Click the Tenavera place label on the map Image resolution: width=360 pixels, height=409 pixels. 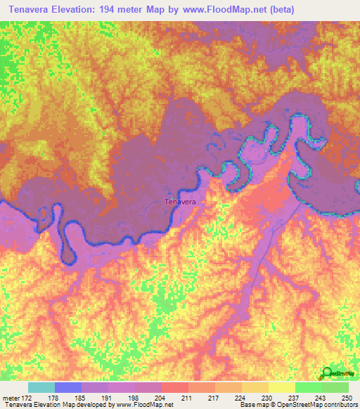[179, 202]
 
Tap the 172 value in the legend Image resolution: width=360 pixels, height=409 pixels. [27, 397]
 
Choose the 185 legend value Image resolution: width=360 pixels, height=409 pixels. [81, 397]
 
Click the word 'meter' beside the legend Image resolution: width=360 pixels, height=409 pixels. [10, 397]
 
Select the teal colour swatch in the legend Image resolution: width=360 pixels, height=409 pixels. [41, 387]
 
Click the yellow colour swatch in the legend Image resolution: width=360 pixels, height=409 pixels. [281, 387]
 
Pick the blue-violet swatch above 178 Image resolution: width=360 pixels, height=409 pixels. [68, 387]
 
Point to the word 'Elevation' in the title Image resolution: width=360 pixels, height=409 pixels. [75, 10]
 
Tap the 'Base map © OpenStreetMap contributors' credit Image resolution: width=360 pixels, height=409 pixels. [297, 405]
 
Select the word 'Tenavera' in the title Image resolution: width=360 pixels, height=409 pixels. [26, 10]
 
